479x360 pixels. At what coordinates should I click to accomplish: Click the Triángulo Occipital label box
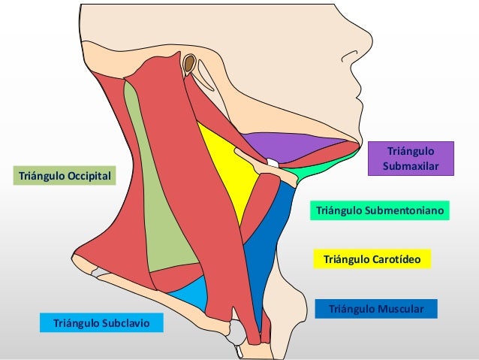(63, 176)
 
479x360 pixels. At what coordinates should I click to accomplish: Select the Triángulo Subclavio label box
(101, 323)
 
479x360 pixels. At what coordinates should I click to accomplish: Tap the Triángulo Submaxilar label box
(411, 158)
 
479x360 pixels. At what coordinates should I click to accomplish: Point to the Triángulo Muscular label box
(376, 309)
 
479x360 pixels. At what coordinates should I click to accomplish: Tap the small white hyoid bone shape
(273, 162)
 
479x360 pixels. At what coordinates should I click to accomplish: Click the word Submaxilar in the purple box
(411, 165)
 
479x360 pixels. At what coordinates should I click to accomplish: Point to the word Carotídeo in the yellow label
(399, 260)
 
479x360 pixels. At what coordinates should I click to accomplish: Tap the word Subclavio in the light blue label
(128, 323)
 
